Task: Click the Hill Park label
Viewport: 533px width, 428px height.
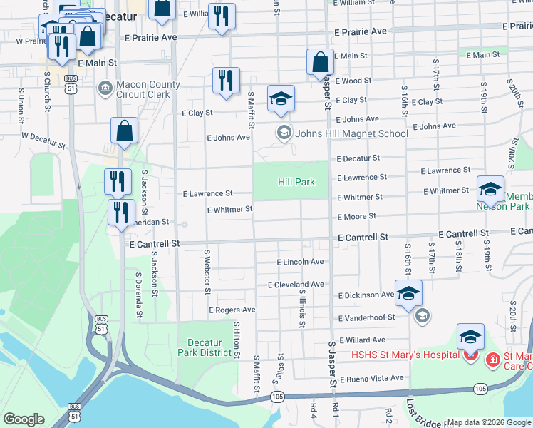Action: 296,182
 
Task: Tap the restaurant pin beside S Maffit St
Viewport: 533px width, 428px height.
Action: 226,81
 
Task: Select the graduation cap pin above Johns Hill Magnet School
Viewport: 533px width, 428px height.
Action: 281,98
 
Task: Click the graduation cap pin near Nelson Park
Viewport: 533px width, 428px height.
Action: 490,189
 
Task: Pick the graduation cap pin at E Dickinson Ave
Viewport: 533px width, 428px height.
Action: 409,293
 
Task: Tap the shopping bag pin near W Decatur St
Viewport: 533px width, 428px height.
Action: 124,131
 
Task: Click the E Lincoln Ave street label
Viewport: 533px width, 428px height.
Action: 301,262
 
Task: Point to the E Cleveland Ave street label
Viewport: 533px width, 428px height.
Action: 296,284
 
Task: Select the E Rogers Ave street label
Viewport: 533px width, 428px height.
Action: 232,310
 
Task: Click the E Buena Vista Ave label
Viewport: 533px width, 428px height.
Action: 371,378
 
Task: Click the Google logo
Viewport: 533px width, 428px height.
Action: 24,419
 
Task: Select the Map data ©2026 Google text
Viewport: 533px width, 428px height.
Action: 489,422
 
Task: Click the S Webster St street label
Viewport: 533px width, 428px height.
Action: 207,271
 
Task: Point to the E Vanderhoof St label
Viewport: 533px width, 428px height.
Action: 366,317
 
